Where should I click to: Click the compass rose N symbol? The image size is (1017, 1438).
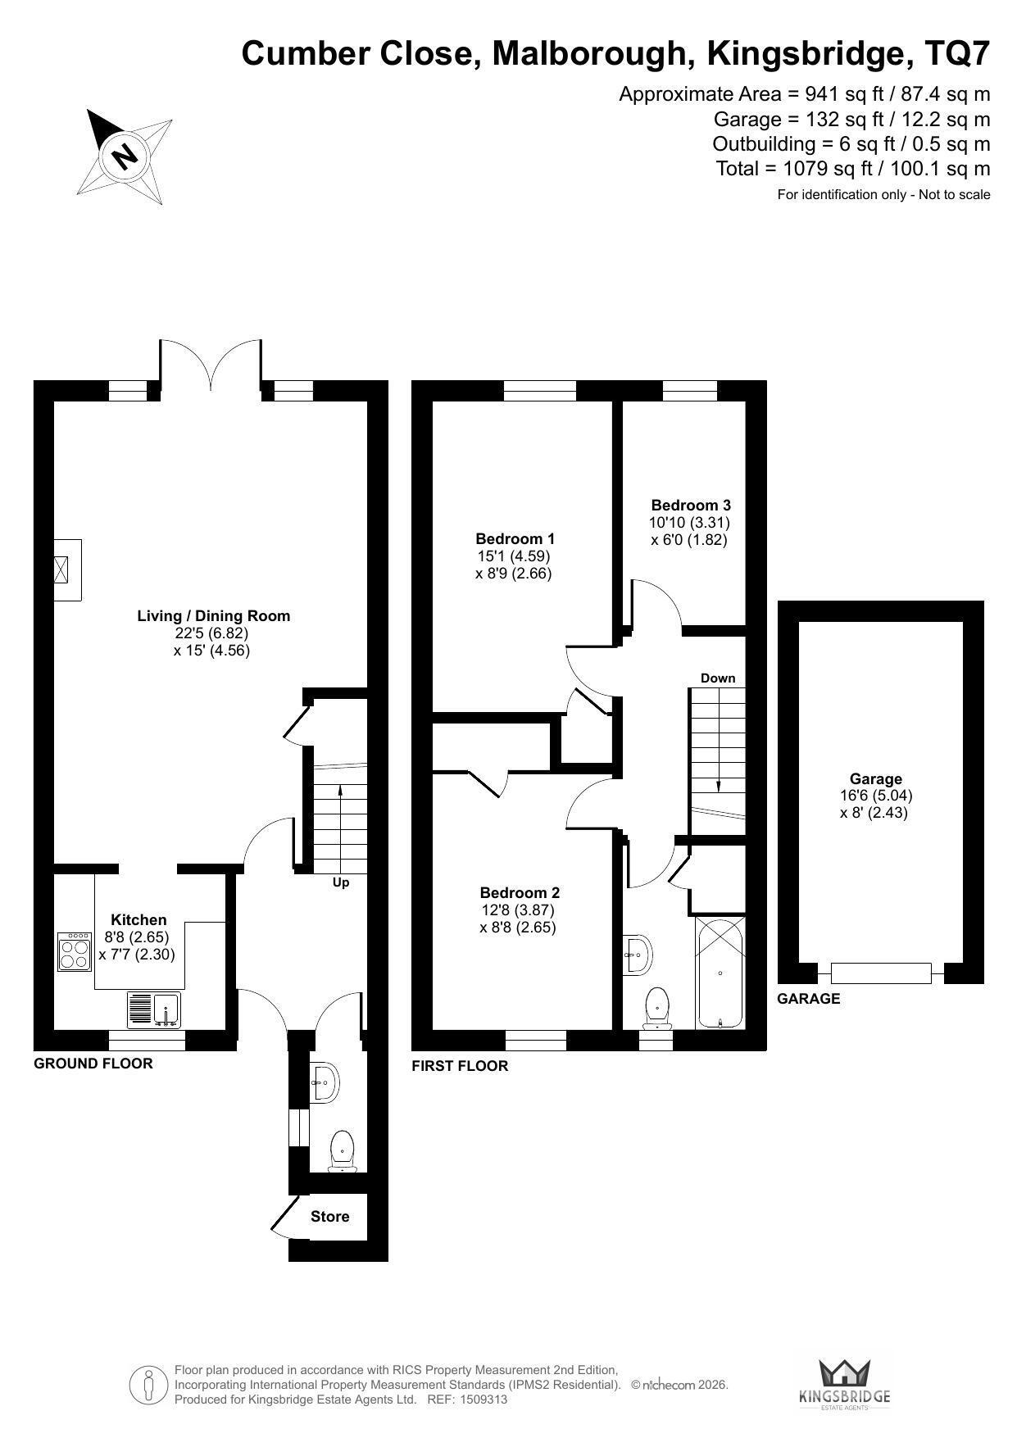coord(125,155)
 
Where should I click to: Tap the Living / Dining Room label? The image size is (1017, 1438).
coord(214,615)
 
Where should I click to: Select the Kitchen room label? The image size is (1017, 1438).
coord(138,920)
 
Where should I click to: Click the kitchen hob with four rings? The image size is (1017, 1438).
coord(75,951)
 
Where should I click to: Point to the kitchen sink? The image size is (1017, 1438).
coord(155,1009)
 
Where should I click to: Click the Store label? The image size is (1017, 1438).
coord(329,1217)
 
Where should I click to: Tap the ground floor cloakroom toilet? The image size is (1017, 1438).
coord(341,1150)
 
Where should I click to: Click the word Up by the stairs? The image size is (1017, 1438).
coord(341,882)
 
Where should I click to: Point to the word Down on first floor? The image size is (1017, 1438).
coord(718,678)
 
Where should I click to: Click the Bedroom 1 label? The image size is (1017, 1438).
coord(515,538)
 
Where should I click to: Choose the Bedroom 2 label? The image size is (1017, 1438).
coord(520,892)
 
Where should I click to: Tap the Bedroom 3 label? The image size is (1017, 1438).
coord(691,506)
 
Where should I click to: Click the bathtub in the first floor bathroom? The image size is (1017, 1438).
coord(720,973)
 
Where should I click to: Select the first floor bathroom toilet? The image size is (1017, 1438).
coord(657,1009)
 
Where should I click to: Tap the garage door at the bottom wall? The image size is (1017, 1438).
coord(881,973)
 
